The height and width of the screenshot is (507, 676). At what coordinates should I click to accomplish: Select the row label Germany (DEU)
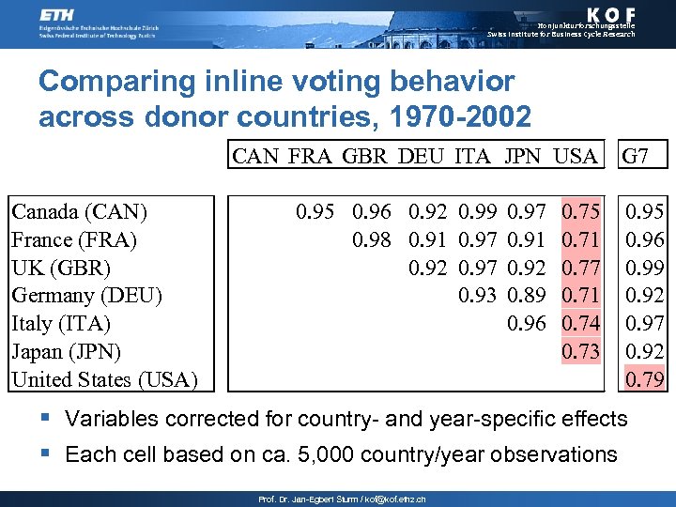(87, 296)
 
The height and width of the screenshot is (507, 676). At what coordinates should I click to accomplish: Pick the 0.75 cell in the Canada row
(580, 212)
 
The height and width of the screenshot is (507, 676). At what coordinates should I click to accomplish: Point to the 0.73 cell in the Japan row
(580, 352)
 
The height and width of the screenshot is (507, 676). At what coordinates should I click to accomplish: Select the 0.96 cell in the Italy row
(526, 324)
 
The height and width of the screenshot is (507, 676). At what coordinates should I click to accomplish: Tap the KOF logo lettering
(601, 14)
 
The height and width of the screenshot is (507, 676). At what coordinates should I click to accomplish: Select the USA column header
(574, 156)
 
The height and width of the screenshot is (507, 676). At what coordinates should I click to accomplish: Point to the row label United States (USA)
(104, 380)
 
